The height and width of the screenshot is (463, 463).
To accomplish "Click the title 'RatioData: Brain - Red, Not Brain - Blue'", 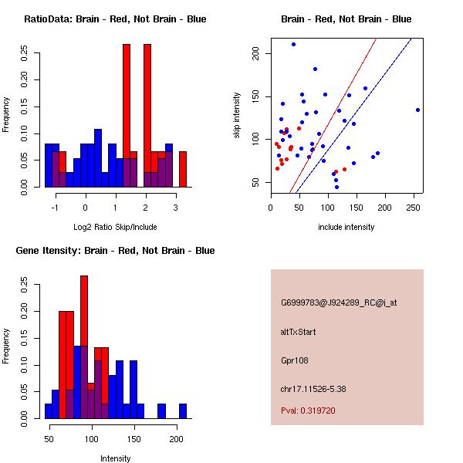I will (x=115, y=19).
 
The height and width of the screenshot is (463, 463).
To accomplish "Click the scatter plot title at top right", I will (x=346, y=19).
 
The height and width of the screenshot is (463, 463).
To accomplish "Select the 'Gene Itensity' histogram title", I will (x=115, y=250).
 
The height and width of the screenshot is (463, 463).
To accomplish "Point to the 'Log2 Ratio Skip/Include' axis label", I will (x=114, y=227).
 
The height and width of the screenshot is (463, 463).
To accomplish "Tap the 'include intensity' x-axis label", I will (x=346, y=227).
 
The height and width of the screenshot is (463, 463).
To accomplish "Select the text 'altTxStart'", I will (x=298, y=332).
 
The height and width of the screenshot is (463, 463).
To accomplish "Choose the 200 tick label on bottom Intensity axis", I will (x=176, y=438).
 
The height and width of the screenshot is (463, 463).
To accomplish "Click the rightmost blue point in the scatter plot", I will (x=417, y=110).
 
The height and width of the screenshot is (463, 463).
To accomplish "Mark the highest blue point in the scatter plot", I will (x=293, y=44).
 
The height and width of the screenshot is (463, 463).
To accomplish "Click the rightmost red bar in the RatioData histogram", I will (x=183, y=169).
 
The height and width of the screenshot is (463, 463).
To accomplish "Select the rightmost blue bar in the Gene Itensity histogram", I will (x=183, y=411).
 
